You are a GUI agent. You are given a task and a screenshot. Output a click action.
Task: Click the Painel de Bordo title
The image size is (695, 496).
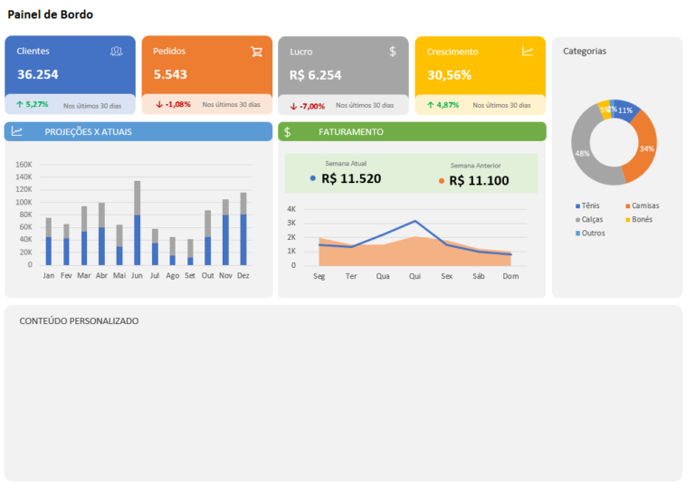50,15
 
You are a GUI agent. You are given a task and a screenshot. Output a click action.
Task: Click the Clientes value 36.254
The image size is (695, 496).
37,75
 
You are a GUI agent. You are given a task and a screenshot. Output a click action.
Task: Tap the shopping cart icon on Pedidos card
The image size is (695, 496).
256,52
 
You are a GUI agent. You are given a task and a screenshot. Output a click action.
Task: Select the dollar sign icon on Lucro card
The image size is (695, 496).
393,52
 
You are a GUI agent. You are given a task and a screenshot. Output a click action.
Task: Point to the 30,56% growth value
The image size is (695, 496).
449,75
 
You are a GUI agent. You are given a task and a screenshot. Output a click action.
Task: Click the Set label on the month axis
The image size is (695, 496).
189,275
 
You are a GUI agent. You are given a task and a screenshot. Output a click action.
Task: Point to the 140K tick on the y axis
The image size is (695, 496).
24,177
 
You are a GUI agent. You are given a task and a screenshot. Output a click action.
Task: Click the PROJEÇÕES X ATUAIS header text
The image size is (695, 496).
88,132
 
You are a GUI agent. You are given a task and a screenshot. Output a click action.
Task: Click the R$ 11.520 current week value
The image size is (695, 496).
351,178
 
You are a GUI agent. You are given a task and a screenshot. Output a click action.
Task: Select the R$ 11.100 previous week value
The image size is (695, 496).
479,181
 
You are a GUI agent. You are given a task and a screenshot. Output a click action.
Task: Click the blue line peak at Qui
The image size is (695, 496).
415,221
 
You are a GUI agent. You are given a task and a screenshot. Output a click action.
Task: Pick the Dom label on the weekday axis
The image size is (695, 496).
510,275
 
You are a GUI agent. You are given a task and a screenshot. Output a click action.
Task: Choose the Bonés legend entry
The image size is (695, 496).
642,219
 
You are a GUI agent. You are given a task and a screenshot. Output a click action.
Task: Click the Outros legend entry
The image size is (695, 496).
593,233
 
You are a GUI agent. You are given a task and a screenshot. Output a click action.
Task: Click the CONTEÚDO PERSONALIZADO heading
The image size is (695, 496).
79,321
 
